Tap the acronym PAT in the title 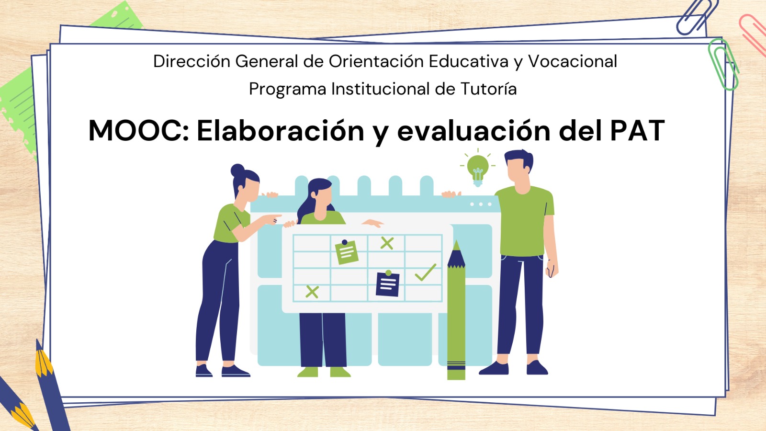point(637,131)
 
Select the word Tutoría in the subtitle point(488,89)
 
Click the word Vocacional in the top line point(572,61)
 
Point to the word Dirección point(191,61)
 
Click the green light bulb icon point(478,169)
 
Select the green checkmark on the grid point(425,272)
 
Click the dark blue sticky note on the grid point(388,284)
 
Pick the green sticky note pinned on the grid point(347,252)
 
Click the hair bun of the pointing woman point(237,170)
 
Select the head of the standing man point(518,168)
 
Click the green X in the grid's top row point(387,243)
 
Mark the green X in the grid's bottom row point(312,292)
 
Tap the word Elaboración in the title point(280,131)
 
